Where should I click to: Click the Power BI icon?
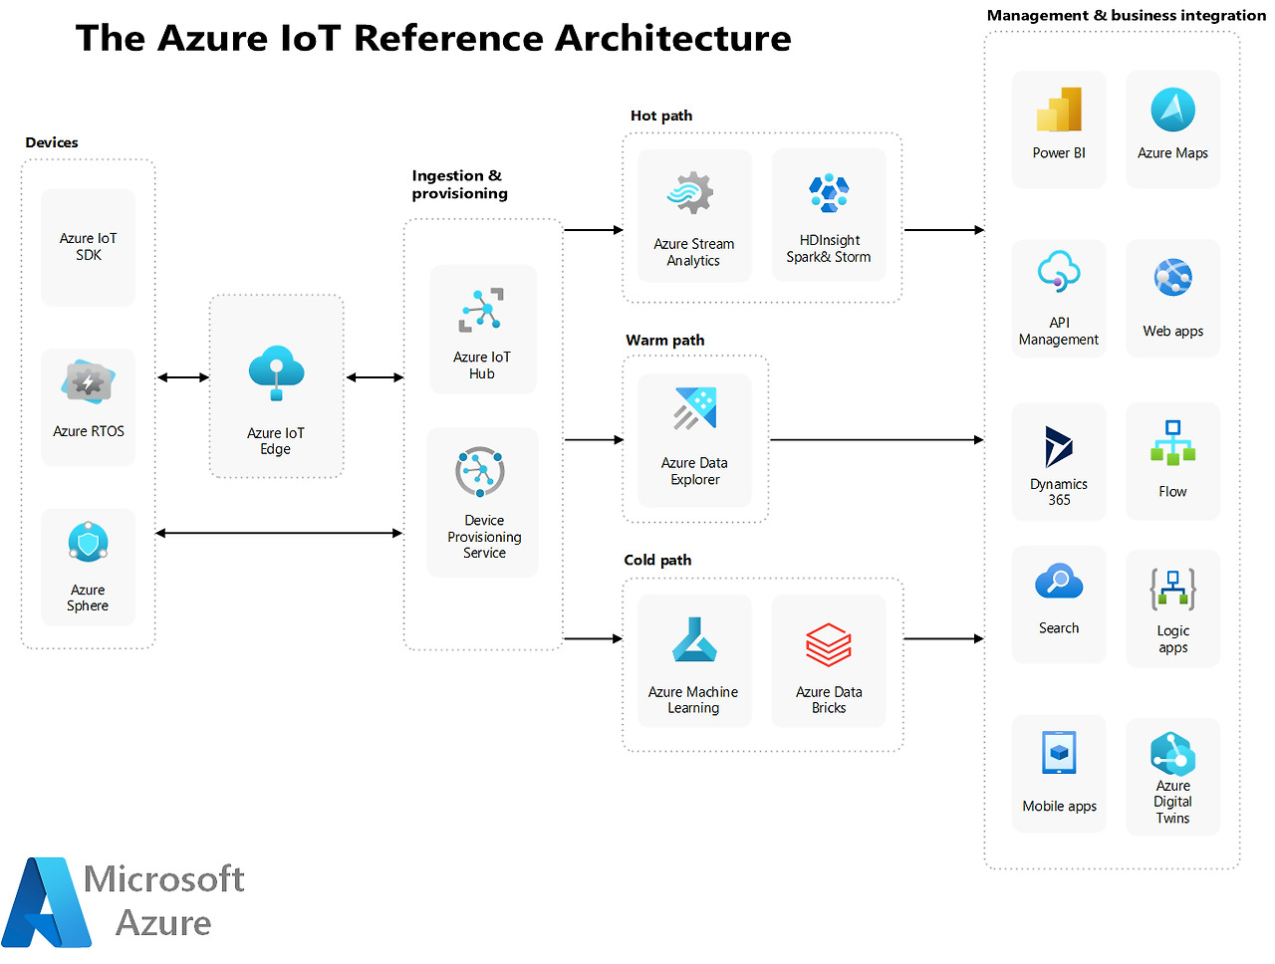tap(1059, 110)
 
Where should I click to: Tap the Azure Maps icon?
tap(1172, 110)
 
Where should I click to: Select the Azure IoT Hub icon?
tap(482, 310)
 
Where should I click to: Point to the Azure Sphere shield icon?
tap(88, 543)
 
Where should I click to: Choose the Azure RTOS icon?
tap(88, 383)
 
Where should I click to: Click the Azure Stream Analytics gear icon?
tap(692, 193)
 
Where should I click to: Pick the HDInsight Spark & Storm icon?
tap(829, 192)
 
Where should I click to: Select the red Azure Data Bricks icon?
tap(828, 645)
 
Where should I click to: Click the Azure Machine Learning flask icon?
tap(693, 641)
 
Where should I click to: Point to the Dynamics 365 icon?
tap(1058, 446)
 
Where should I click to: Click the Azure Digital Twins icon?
tap(1172, 754)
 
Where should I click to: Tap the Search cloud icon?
tap(1058, 582)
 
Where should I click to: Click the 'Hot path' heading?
tap(661, 116)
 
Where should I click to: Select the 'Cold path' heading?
tap(657, 560)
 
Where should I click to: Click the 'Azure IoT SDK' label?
tap(88, 246)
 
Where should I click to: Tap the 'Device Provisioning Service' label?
tap(484, 537)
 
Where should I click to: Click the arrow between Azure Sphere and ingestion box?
tap(279, 533)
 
